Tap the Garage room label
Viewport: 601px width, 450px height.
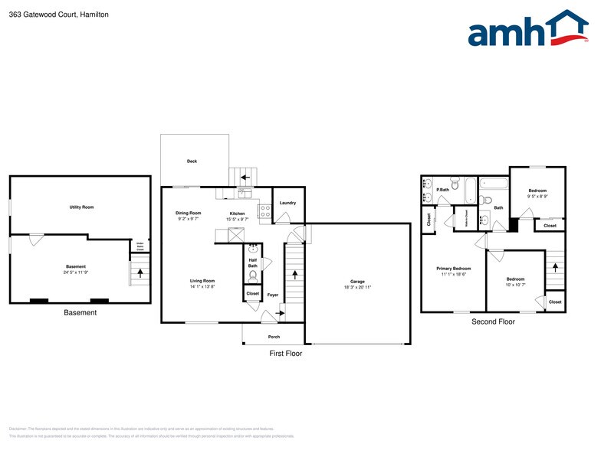[357, 282]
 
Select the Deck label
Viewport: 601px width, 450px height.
[192, 161]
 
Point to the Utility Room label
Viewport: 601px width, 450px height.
[81, 207]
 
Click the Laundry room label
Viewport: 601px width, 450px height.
[287, 203]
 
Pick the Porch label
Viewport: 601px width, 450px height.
[274, 337]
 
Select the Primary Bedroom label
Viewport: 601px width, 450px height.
[454, 269]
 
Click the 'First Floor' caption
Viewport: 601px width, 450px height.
[285, 354]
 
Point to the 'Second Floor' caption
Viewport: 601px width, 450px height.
[493, 322]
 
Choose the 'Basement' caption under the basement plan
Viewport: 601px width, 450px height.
[80, 312]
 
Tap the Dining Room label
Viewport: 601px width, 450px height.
[188, 213]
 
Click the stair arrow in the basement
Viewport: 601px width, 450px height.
[140, 271]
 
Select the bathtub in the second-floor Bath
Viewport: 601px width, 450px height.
[494, 184]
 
